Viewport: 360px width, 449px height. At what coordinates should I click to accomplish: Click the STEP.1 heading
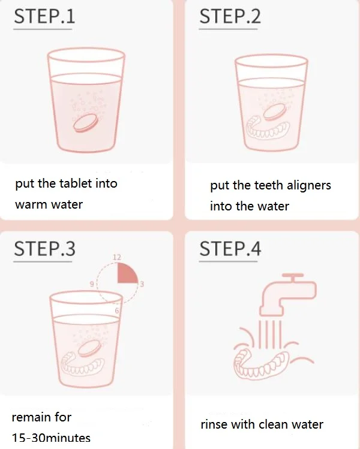point(44,16)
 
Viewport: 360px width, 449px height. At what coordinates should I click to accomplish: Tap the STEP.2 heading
point(230,16)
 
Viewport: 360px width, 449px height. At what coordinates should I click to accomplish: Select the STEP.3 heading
point(44,249)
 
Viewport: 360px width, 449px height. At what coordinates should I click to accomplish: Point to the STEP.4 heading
point(230,249)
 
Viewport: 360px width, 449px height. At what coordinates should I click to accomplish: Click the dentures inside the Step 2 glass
point(268,128)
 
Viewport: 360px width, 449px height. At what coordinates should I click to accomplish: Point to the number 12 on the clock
point(116,257)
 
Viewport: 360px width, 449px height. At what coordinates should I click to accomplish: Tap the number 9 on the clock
point(92,284)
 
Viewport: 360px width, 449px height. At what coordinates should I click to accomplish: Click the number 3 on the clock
point(142,284)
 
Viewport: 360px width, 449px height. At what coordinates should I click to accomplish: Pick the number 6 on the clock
point(116,311)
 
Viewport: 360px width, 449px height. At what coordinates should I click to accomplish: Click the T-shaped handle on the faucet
point(293,277)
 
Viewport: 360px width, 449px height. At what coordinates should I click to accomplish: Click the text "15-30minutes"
point(51,438)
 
